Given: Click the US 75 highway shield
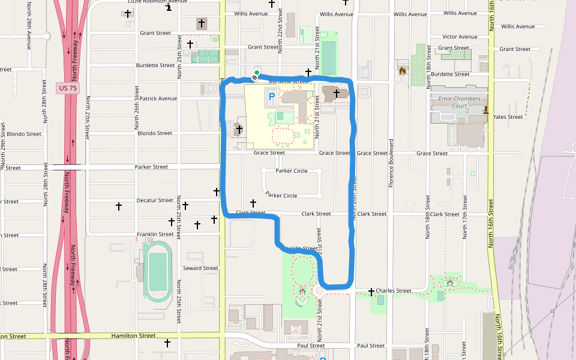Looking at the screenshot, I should click(67, 88).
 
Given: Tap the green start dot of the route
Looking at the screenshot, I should click(257, 73).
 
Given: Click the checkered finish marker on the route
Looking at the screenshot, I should click(254, 77).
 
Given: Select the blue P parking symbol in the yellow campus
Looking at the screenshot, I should click(271, 95).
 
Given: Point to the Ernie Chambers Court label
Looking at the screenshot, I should click(460, 102).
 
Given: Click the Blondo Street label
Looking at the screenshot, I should click(155, 133).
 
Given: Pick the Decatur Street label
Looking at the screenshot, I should click(155, 200).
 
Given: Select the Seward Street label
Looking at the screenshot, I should click(200, 268).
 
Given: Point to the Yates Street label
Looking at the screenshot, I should click(508, 117).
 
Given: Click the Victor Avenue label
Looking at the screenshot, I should click(460, 37).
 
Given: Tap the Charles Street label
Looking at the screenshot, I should click(394, 291).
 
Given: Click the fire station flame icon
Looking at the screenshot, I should click(402, 71).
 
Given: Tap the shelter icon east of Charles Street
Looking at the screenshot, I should click(449, 283).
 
